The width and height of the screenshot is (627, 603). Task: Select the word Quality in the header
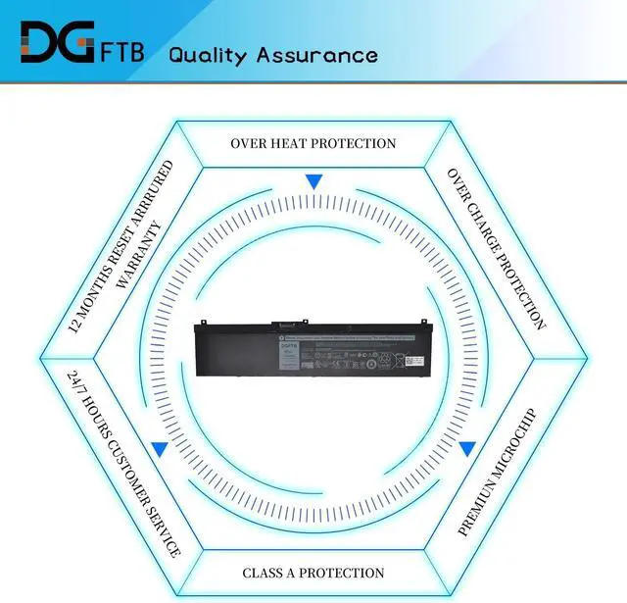(x=208, y=54)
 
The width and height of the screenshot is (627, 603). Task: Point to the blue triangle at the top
(x=313, y=181)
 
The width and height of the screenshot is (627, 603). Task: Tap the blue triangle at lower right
(x=467, y=448)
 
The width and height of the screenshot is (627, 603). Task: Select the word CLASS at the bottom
(x=264, y=573)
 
